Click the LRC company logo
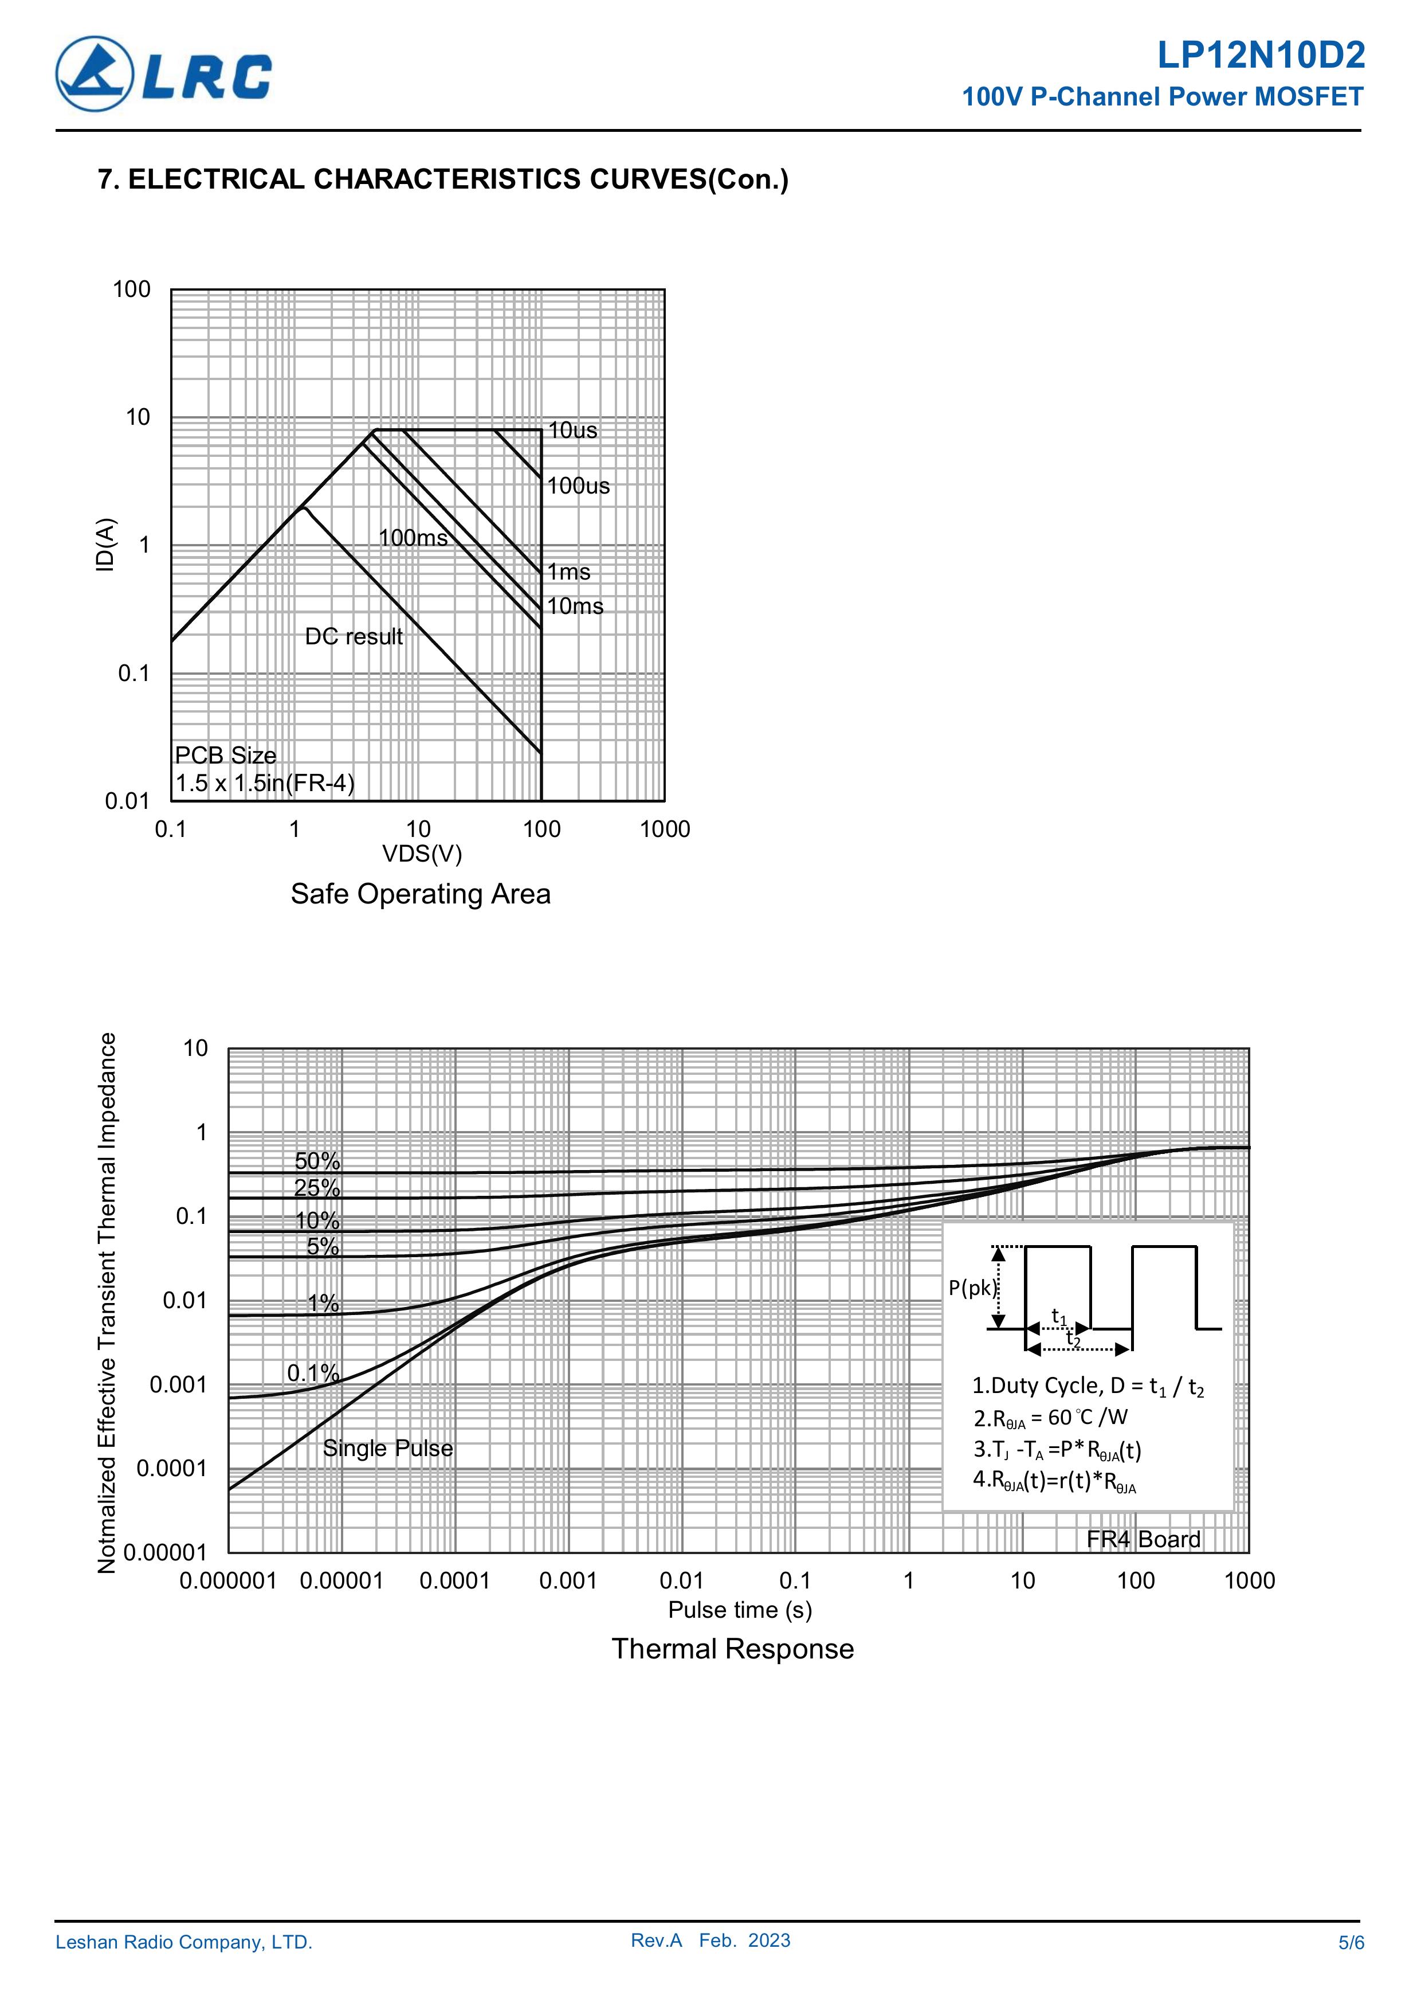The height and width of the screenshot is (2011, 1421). click(164, 75)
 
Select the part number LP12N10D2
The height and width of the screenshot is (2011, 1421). click(1260, 56)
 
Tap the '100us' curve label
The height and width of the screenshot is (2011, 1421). click(578, 486)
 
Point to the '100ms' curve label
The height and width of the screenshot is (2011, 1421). click(413, 538)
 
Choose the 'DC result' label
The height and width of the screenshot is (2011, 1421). click(354, 637)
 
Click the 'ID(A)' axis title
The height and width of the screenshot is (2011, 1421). click(105, 545)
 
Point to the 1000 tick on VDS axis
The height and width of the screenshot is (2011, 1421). click(665, 830)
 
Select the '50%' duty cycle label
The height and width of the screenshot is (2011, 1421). click(317, 1161)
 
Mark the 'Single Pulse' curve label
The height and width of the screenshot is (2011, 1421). click(388, 1449)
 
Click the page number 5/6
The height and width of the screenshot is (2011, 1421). click(1351, 1943)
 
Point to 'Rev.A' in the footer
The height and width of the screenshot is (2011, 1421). click(655, 1941)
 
